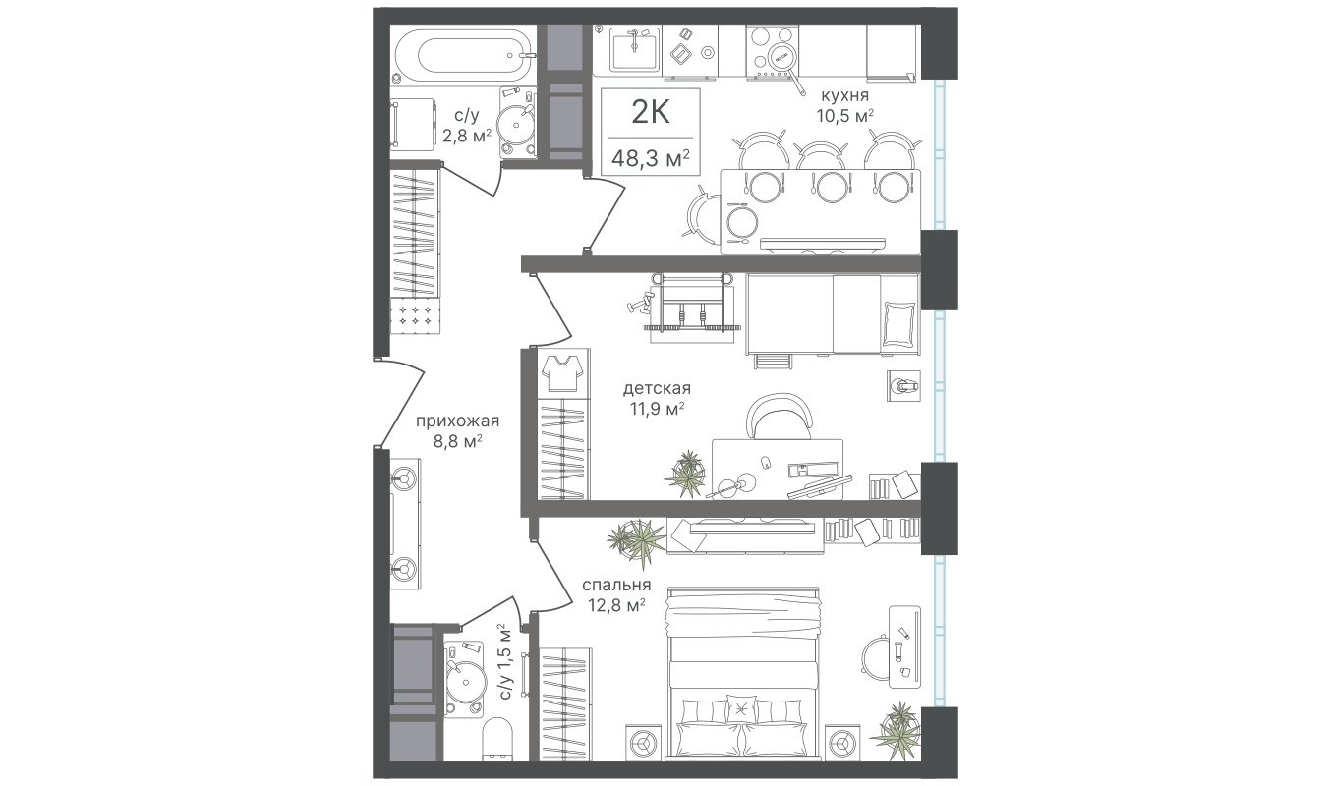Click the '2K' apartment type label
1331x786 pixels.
tap(650, 113)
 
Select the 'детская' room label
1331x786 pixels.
tap(657, 389)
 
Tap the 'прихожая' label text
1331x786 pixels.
tap(458, 421)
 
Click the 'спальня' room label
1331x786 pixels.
tap(615, 586)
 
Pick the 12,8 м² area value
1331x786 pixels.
tap(615, 605)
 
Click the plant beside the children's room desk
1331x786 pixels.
tap(687, 474)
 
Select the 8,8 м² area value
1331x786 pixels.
tap(458, 442)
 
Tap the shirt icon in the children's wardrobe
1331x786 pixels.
tap(565, 372)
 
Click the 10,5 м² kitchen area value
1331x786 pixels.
tap(844, 116)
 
